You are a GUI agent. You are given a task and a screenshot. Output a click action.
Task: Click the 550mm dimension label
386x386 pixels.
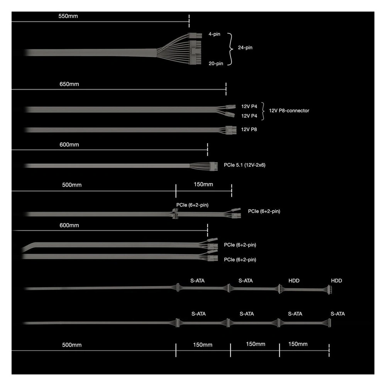pyautogui.click(x=68, y=16)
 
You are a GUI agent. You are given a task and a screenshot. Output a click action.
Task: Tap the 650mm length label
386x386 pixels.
pyautogui.click(x=69, y=84)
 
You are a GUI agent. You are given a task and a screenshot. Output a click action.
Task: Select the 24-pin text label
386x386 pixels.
pyautogui.click(x=245, y=47)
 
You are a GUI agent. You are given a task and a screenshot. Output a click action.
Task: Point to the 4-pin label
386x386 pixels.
pyautogui.click(x=214, y=34)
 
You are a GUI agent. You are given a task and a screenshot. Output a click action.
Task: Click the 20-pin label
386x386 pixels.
pyautogui.click(x=216, y=64)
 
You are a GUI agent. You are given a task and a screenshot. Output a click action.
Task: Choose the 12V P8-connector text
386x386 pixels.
pyautogui.click(x=289, y=111)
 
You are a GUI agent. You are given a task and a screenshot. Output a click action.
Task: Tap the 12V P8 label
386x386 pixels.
pyautogui.click(x=249, y=129)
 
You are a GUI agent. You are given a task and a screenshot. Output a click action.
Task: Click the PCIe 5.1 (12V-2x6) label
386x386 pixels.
pyautogui.click(x=244, y=165)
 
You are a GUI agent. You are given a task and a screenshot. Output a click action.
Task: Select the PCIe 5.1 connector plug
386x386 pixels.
pyautogui.click(x=213, y=166)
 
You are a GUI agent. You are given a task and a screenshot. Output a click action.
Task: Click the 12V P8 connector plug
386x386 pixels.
pyautogui.click(x=231, y=130)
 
